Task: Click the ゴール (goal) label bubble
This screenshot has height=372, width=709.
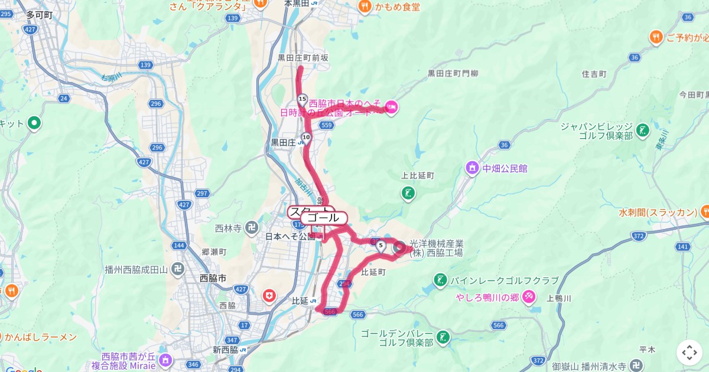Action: pos(324,218)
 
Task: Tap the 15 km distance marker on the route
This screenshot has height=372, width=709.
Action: pos(303,99)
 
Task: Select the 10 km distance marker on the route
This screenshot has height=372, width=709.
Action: pos(305,138)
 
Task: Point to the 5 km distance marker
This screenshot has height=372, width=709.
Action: pos(381,246)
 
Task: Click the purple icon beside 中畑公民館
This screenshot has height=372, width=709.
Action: pos(471,168)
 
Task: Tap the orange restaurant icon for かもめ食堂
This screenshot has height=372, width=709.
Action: pos(365,6)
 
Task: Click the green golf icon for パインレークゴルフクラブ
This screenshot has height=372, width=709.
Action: pos(440,279)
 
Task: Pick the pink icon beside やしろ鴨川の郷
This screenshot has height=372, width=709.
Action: pos(529,297)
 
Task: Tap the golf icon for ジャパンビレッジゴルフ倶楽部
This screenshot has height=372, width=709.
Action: pos(643,129)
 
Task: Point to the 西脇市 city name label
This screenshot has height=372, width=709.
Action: pos(213,278)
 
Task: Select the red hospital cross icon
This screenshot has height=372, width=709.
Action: pos(269,295)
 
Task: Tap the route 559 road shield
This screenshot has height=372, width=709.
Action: pos(327,125)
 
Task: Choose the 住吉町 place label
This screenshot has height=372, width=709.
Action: pos(594,74)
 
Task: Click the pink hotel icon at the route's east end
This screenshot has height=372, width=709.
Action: pos(393,107)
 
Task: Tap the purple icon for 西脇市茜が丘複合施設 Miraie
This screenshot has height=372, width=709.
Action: pos(165,358)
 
